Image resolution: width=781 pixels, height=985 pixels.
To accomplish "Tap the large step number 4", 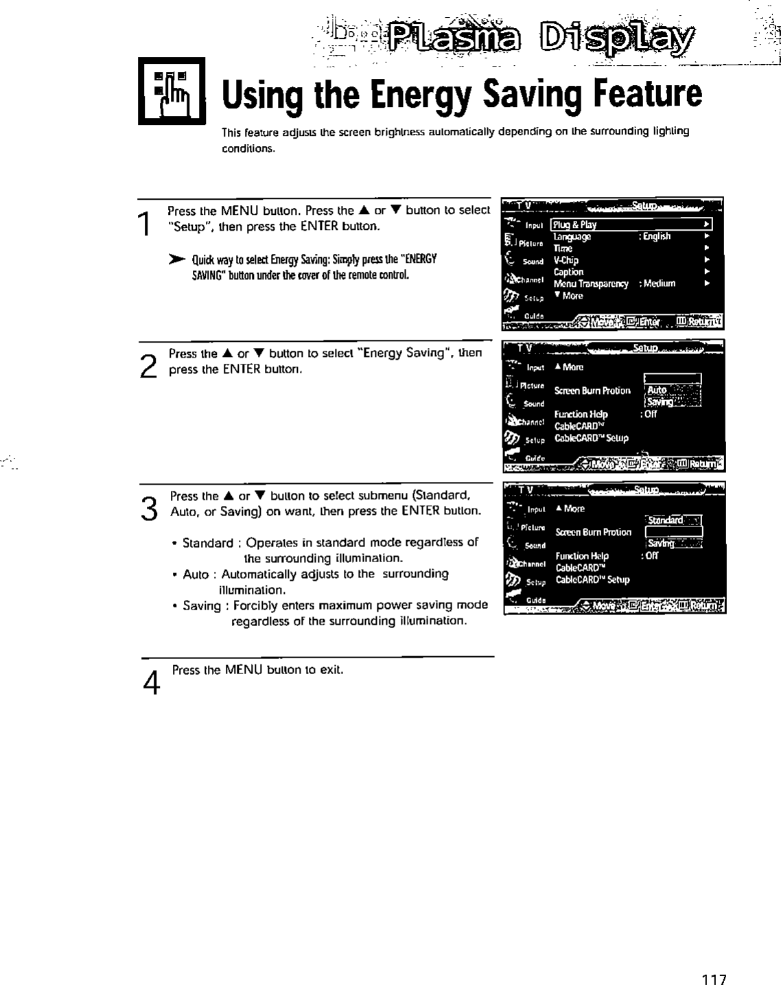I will [x=153, y=682].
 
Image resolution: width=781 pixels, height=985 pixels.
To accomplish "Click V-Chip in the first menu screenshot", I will [x=566, y=260].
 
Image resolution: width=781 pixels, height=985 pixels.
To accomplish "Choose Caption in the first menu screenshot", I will [x=568, y=272].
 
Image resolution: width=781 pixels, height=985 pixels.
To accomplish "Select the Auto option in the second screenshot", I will [x=657, y=390].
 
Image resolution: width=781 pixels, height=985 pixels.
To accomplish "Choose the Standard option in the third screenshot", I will [x=666, y=520].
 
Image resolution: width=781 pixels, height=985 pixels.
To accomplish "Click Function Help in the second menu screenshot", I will [x=581, y=414].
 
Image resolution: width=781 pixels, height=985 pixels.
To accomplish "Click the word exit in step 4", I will [x=331, y=669].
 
